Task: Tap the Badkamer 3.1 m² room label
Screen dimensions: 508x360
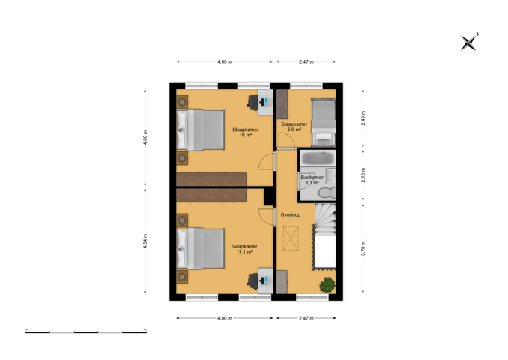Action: point(312,180)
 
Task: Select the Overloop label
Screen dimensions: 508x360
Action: point(291,214)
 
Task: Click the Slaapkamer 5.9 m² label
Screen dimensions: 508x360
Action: point(294,127)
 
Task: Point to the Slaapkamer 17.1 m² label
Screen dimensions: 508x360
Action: point(244,249)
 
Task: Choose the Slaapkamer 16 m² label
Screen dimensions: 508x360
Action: point(246,133)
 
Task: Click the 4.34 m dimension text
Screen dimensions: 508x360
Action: point(145,241)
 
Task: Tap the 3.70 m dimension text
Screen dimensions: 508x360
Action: point(363,248)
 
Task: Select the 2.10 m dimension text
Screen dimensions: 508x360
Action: point(363,175)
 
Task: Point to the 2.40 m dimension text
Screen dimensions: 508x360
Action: point(363,118)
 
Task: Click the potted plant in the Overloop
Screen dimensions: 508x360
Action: point(327,285)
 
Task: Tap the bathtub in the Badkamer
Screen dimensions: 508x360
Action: point(318,158)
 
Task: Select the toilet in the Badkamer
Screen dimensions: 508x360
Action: point(327,193)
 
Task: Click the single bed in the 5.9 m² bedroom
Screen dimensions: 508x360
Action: point(324,122)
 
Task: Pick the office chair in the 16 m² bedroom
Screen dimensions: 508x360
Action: point(253,102)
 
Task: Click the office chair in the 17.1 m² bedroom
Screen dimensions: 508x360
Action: point(253,280)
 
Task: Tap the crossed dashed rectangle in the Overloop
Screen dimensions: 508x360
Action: point(291,238)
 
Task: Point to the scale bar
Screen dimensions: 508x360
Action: point(86,331)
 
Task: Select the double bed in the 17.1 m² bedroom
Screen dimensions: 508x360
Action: point(200,248)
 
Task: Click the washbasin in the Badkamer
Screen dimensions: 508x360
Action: point(331,175)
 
